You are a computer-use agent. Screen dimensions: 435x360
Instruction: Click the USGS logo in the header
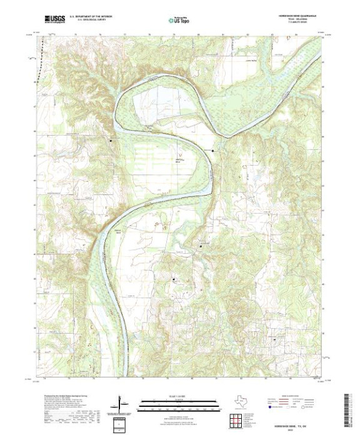(x=54, y=19)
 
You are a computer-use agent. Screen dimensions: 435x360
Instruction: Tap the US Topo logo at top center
(x=179, y=20)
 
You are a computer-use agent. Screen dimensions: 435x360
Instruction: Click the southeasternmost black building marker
(x=275, y=339)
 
